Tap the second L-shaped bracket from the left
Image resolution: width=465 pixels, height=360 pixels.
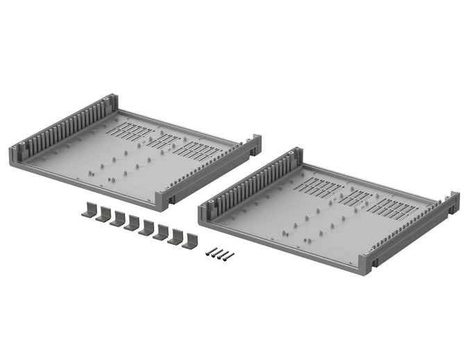point(103,214)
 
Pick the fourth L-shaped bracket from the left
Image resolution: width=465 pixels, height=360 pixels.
point(132,223)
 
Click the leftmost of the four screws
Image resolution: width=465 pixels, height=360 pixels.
point(210,252)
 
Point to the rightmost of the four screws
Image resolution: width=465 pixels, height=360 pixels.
point(228,257)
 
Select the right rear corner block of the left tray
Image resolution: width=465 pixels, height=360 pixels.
point(255,144)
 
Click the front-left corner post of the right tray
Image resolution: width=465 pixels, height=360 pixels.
point(205,212)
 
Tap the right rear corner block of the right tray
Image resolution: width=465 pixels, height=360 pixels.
point(454,202)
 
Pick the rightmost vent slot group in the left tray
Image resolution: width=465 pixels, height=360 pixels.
point(197,151)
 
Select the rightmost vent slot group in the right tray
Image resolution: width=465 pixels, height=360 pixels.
point(394,208)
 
